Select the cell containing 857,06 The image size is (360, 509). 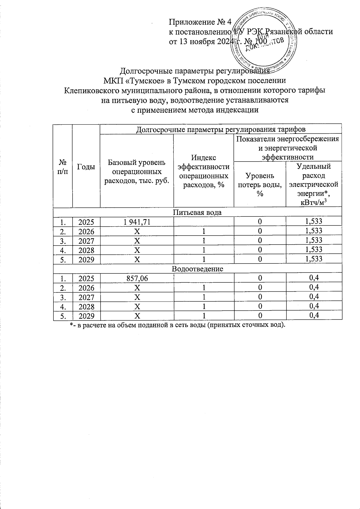137,278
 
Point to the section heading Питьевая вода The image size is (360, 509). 197,212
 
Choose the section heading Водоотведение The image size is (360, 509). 197,269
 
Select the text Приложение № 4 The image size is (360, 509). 200,22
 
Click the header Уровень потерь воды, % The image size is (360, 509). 260,184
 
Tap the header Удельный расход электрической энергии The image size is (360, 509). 313,184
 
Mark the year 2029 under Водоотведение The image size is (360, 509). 86,316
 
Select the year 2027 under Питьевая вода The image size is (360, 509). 86,240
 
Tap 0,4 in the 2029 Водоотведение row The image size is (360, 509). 313,315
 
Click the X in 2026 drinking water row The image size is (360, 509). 137,231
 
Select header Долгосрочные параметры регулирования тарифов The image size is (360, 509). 221,129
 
